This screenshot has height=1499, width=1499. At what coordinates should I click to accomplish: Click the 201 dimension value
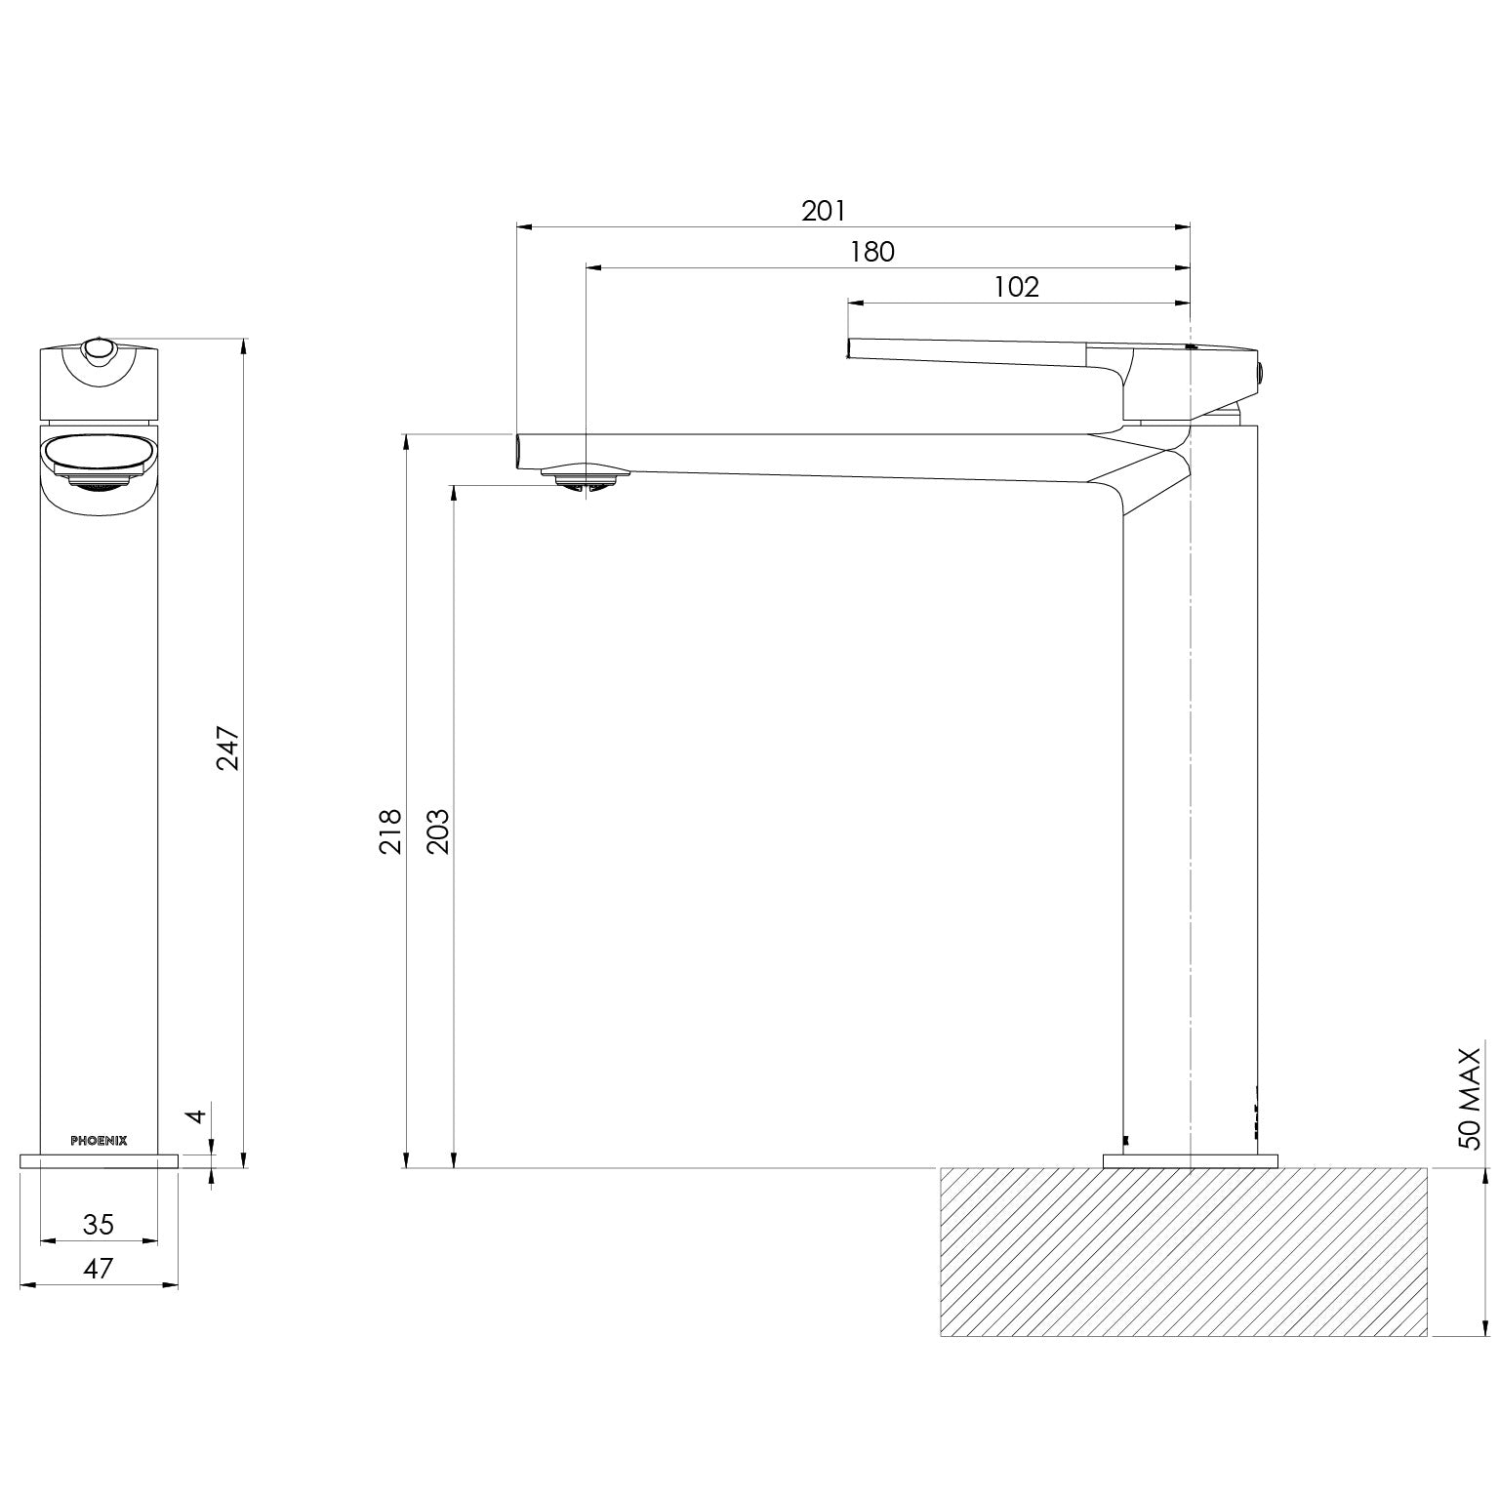coord(824,210)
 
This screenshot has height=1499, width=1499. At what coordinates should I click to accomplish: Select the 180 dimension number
coord(871,252)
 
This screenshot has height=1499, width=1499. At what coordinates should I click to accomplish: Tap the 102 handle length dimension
coord(1016,287)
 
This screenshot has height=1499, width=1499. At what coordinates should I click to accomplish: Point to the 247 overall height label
coord(227,748)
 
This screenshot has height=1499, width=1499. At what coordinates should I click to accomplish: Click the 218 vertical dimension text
coord(390,831)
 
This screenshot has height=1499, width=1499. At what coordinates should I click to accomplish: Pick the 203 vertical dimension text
coord(438,831)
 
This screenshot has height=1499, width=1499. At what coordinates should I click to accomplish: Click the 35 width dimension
coord(99,1224)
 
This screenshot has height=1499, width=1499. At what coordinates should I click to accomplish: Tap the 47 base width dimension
coord(99,1268)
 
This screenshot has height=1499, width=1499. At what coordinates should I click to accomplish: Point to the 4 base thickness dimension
coord(197,1114)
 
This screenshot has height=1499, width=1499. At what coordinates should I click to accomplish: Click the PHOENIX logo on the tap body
coord(99,1140)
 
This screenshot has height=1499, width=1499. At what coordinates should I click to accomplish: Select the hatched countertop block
coord(1183,1251)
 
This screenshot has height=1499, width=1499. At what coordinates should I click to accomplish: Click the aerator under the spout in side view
coord(587,476)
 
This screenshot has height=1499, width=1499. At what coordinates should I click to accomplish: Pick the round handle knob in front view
coord(99,348)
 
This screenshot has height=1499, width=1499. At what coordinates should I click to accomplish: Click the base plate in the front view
coord(99,1160)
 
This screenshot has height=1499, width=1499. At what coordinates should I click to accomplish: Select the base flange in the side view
coord(1190,1160)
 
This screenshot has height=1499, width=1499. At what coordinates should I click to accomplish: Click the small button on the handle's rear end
coord(1260,370)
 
